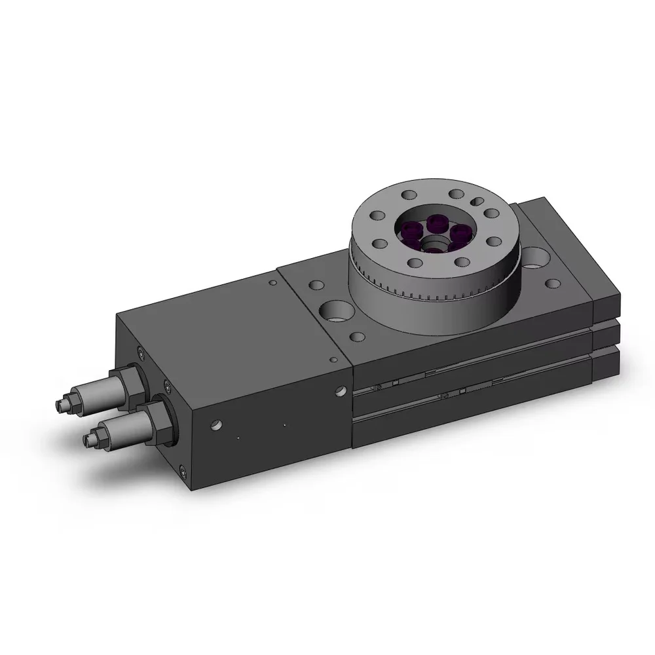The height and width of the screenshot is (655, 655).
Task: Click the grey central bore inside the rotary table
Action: [x=433, y=246]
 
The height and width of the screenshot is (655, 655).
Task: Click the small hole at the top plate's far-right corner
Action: [x=553, y=283]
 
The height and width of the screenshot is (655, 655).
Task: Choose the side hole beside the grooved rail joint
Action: [x=340, y=392]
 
